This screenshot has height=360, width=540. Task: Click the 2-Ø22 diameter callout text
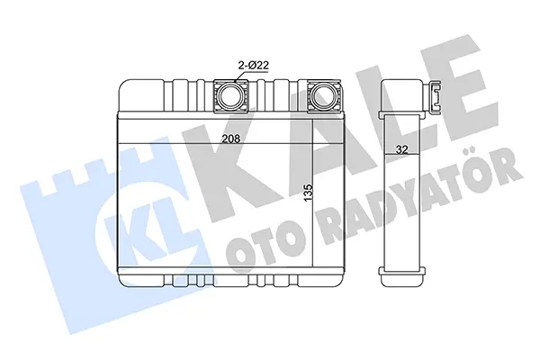click(x=254, y=66)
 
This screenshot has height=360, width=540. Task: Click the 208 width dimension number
click(x=230, y=139)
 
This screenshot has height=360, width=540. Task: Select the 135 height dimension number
click(x=308, y=193)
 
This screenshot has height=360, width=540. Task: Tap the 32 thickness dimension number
click(x=401, y=149)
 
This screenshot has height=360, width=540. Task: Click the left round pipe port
click(x=230, y=95)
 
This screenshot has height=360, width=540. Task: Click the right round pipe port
click(x=323, y=95)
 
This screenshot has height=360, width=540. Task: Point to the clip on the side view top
click(x=436, y=97)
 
